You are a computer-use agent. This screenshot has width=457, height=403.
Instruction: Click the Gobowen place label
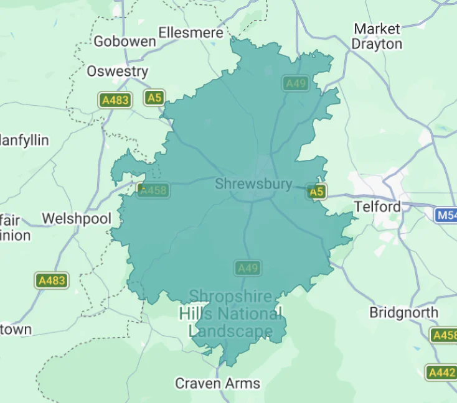tap(125, 42)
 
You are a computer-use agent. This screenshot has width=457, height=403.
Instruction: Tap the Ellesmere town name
tap(191, 32)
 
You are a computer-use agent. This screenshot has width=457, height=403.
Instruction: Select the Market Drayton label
tap(377, 37)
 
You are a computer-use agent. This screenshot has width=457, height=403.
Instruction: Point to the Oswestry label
tap(118, 72)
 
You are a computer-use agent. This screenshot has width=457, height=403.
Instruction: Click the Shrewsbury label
tap(253, 184)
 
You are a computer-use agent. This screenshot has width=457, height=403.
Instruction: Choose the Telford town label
tap(377, 206)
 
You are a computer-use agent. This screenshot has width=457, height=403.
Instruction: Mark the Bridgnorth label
tap(403, 312)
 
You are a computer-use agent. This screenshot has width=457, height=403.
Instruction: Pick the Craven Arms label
tap(217, 383)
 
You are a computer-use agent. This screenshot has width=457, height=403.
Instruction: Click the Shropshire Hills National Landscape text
tap(231, 313)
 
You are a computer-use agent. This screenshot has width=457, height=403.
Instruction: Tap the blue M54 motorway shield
tap(446, 215)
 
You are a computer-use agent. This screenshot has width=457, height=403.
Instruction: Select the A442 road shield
tap(441, 373)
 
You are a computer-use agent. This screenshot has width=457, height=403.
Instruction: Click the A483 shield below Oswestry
tap(115, 100)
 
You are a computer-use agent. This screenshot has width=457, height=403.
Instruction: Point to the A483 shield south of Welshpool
tap(52, 280)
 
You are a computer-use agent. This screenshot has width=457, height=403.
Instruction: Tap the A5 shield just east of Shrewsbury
tap(317, 192)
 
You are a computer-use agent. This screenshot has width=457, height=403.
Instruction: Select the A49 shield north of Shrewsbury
tap(296, 83)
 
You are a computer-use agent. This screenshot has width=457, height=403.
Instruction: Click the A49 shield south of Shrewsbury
tap(248, 269)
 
